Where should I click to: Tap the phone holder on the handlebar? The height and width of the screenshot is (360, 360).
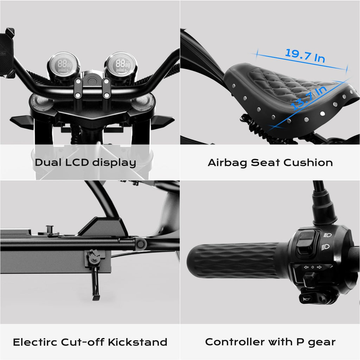[x=7, y=53]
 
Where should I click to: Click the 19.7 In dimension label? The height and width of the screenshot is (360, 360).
[x=305, y=56]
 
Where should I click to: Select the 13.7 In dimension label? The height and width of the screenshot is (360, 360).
[x=309, y=97]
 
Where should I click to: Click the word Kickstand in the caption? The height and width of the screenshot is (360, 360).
[x=137, y=342]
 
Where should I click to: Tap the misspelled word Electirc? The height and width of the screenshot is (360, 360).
[x=35, y=342]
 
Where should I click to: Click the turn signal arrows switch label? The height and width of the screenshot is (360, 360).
[x=313, y=267]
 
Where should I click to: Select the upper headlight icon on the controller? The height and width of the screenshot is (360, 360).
[x=328, y=235]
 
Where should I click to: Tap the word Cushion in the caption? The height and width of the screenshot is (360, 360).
[x=308, y=162]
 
